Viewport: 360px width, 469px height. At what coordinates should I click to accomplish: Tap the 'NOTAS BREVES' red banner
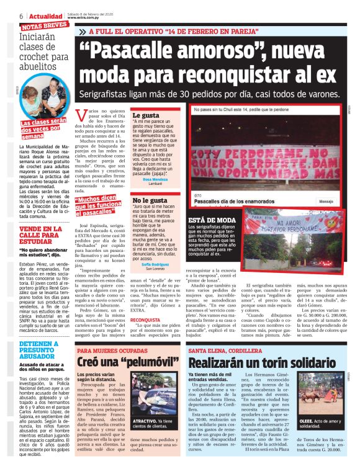click(x=44, y=25)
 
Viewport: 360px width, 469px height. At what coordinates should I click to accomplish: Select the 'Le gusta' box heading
click(x=146, y=115)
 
